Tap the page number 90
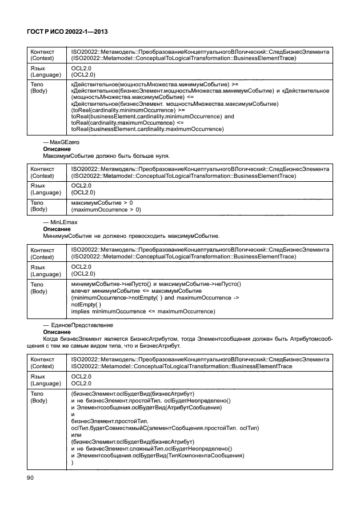(x=30, y=477)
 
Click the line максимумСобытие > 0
(x=102, y=202)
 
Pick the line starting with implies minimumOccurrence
(x=143, y=311)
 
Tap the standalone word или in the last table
(x=75, y=435)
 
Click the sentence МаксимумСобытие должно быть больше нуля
(x=106, y=156)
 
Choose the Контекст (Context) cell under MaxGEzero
(x=45, y=173)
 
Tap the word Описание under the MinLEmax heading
(x=57, y=229)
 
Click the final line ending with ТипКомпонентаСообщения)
(x=157, y=455)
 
